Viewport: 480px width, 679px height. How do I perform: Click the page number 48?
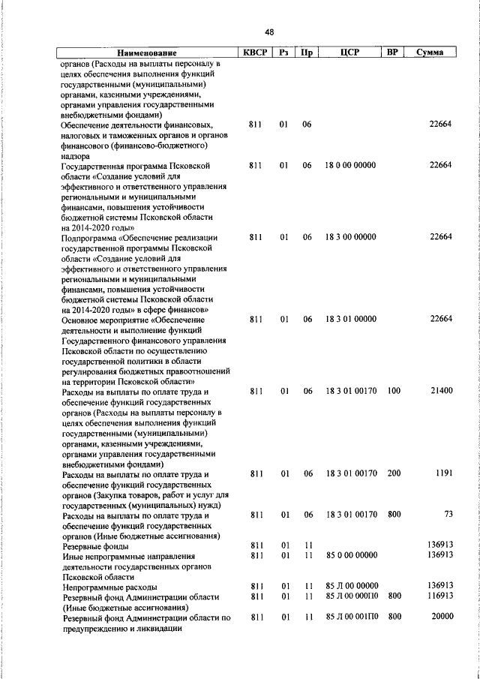(269, 32)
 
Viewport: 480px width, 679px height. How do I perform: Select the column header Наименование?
(147, 53)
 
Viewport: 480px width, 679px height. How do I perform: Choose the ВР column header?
(391, 53)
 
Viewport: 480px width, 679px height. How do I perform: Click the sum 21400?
(439, 392)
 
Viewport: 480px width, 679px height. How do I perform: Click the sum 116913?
(437, 597)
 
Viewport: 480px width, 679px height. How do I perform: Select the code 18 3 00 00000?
(350, 237)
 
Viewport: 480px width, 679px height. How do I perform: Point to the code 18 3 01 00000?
(350, 320)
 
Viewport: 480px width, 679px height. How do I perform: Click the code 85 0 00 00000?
(350, 556)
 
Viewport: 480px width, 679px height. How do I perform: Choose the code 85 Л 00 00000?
(350, 586)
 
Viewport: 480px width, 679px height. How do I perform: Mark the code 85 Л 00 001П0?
(350, 616)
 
